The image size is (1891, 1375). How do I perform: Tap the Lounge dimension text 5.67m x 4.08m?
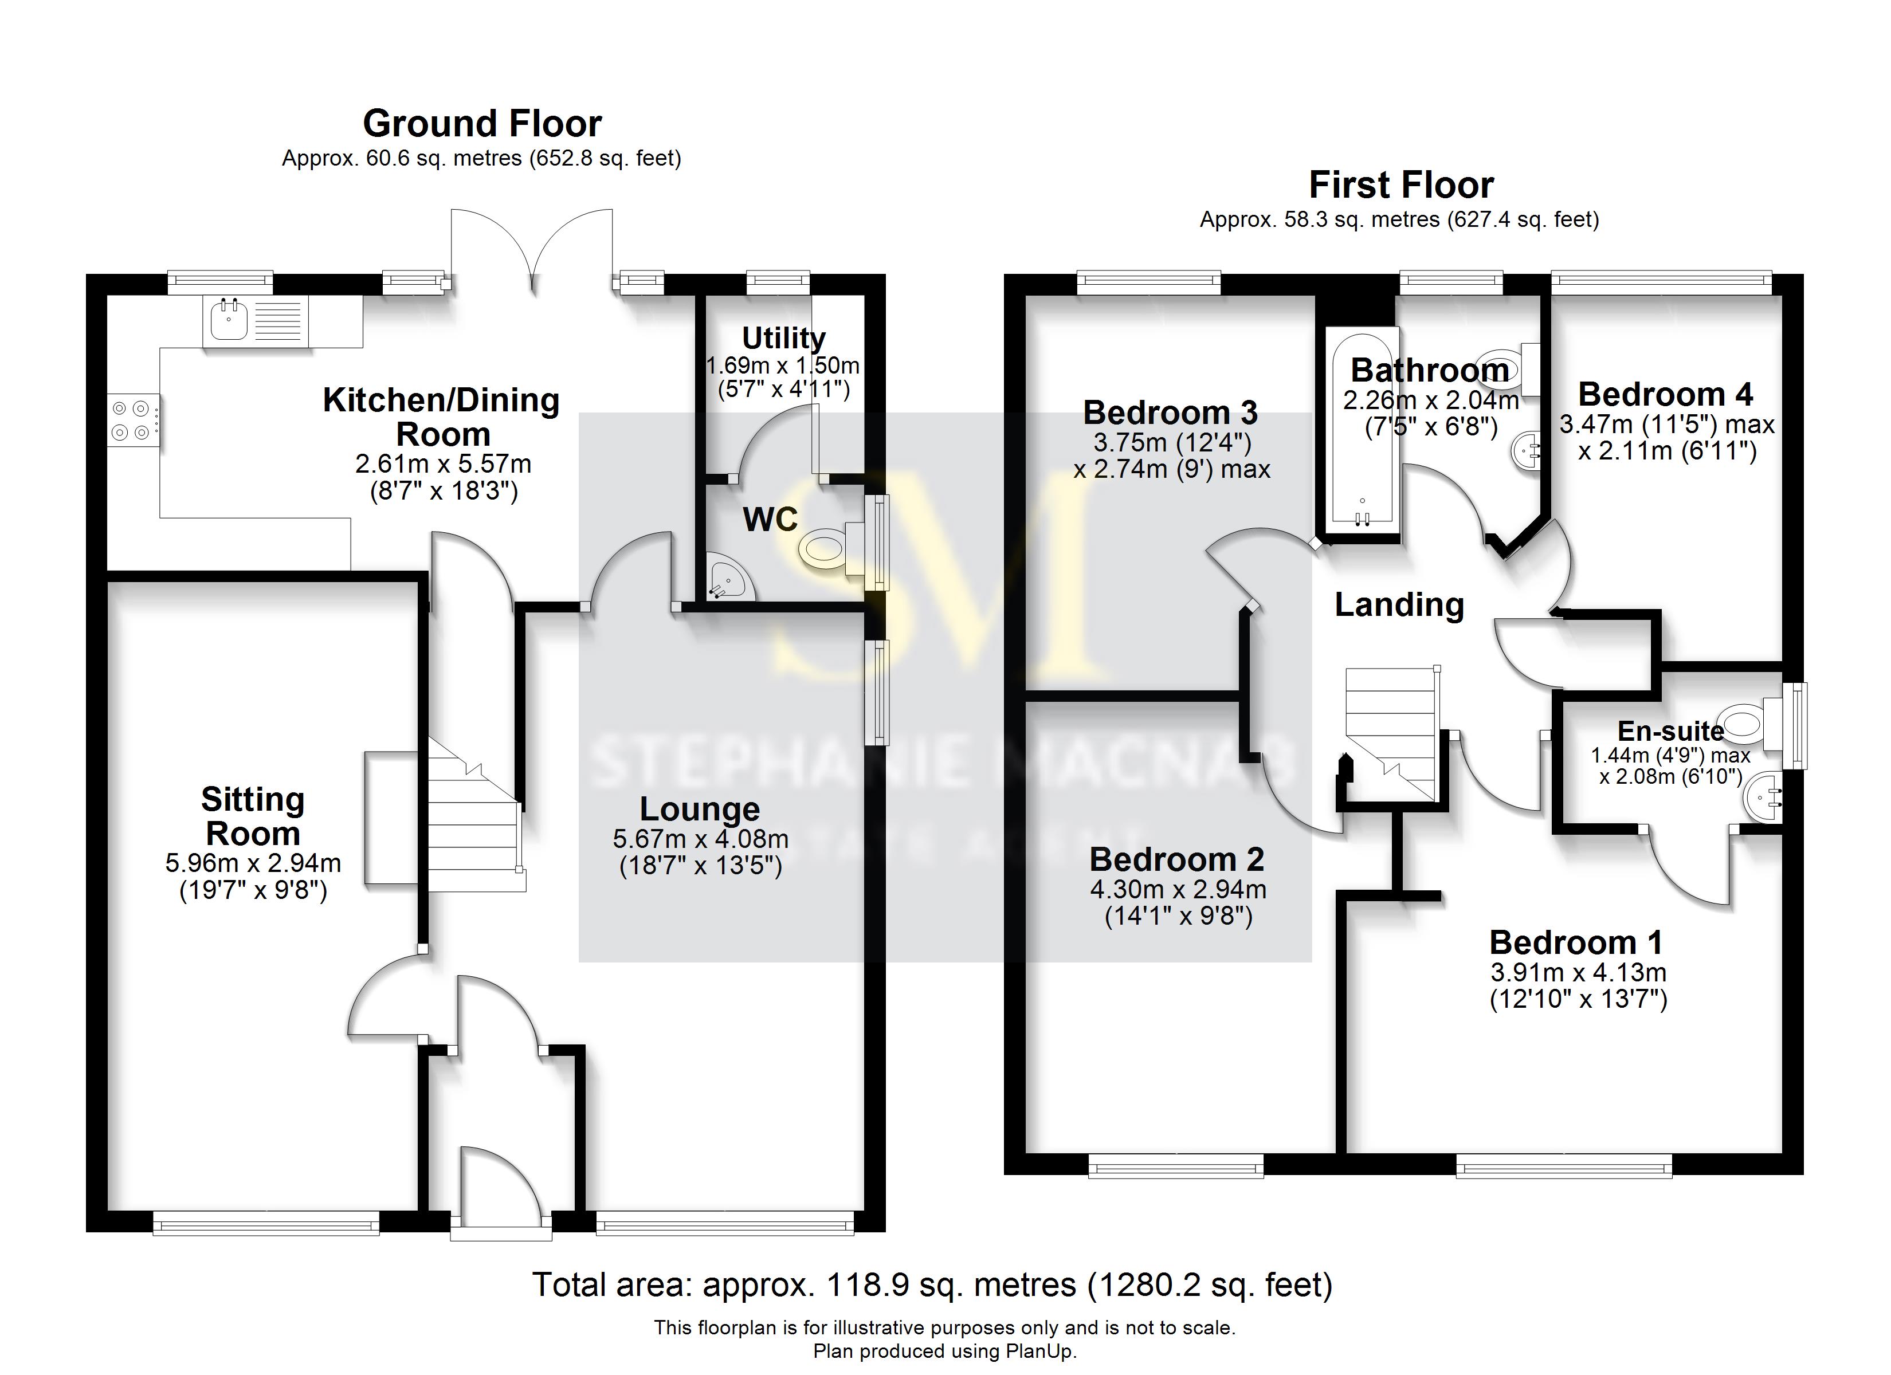pyautogui.click(x=700, y=839)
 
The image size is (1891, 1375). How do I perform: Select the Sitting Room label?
pyautogui.click(x=253, y=816)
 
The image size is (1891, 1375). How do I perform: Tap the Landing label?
pyautogui.click(x=1399, y=604)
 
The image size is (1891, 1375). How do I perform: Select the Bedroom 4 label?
pyautogui.click(x=1665, y=394)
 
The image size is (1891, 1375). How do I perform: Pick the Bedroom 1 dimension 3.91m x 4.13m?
pyautogui.click(x=1578, y=972)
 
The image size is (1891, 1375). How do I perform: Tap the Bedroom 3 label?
pyautogui.click(x=1170, y=412)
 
